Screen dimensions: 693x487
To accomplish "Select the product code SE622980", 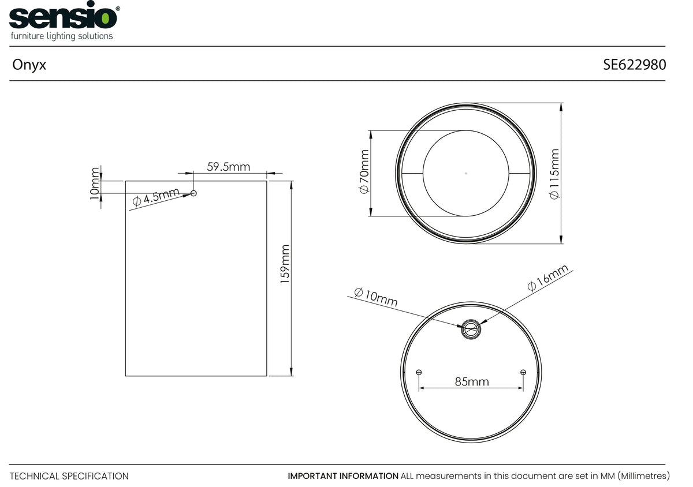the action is [634, 65].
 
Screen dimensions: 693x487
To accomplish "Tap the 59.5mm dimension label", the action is [228, 167].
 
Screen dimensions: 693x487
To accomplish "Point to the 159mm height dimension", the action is [285, 264].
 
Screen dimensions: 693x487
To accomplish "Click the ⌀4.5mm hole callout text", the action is [155, 197].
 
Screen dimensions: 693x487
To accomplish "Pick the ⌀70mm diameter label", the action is [364, 171].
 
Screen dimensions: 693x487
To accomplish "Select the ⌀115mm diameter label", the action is [554, 174].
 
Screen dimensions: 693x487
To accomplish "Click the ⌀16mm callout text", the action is [547, 278].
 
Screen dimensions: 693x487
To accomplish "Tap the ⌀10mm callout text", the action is [375, 297].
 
